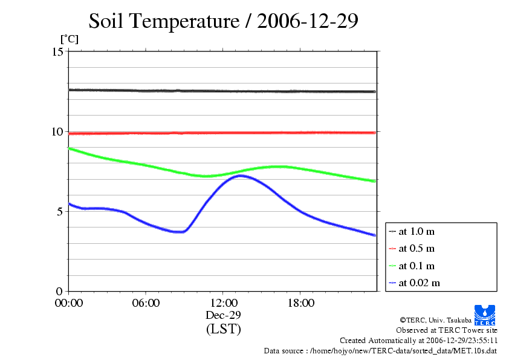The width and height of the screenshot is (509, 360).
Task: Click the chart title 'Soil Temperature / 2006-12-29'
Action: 224,21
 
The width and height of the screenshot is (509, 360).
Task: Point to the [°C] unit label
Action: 68,39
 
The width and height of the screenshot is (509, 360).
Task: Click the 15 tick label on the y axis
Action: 57,51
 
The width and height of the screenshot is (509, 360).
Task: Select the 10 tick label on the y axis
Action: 57,131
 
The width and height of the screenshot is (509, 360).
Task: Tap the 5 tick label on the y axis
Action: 60,211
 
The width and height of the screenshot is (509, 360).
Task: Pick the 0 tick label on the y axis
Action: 60,291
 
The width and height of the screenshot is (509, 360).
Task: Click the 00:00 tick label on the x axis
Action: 69,303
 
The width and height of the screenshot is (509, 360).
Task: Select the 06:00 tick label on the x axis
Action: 146,303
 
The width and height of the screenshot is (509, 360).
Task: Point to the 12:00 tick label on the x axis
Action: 223,303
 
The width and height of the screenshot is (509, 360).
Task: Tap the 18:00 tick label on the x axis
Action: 300,303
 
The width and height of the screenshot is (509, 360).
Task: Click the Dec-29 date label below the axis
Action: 223,315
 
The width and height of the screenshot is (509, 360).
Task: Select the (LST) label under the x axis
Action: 223,329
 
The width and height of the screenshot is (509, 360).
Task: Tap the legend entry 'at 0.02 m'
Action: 419,283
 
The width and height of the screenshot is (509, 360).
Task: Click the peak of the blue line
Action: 241,175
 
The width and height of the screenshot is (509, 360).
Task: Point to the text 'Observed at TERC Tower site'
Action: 447,330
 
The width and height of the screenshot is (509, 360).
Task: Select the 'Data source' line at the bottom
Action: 380,350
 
